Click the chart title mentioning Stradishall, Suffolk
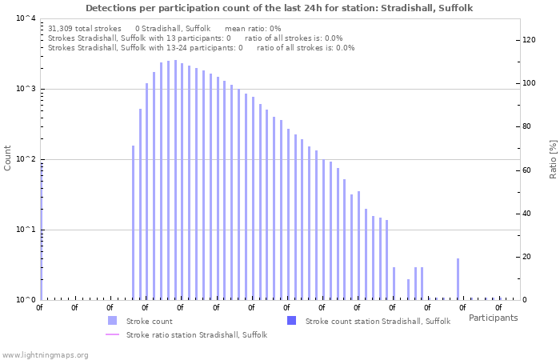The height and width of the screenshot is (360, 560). [x=279, y=8]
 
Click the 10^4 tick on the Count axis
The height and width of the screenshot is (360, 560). [x=25, y=18]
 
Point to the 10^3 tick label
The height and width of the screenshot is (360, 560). [x=25, y=89]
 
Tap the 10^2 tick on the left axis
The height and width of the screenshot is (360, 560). [x=25, y=159]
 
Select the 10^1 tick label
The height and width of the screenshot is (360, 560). [x=25, y=230]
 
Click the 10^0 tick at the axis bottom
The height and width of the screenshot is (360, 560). [x=25, y=300]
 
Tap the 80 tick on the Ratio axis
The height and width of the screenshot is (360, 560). [x=527, y=126]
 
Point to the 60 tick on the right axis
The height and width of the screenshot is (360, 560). [x=527, y=170]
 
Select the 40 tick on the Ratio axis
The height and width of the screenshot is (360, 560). [x=527, y=214]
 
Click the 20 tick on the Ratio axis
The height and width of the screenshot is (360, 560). [x=527, y=257]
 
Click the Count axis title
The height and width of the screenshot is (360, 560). [x=8, y=158]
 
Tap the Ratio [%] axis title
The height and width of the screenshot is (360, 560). [x=553, y=158]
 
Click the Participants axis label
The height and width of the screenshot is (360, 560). [x=493, y=318]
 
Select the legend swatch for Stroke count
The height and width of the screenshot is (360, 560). [x=112, y=321]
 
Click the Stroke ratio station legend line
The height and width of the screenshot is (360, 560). [x=112, y=334]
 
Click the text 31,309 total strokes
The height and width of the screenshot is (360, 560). [x=85, y=28]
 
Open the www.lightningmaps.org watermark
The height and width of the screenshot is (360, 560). [x=44, y=354]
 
